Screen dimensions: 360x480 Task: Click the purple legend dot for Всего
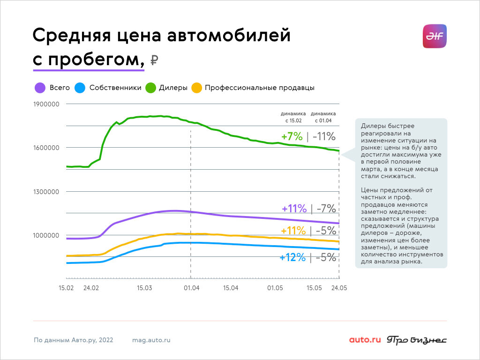[x=40, y=88]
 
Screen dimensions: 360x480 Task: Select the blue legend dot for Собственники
[x=81, y=88]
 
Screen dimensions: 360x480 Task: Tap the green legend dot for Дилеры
[x=150, y=88]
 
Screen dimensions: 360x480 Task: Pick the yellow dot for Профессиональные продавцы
[x=197, y=88]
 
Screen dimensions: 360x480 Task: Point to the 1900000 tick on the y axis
[x=46, y=104]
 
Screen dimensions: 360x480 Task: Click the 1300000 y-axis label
[x=46, y=191]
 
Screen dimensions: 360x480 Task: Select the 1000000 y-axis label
[x=46, y=235]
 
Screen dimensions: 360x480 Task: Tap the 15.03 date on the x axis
[x=145, y=288]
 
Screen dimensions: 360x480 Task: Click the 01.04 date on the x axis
[x=191, y=288]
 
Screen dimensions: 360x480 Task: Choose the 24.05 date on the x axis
[x=339, y=288]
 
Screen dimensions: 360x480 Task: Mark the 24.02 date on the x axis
[x=91, y=288]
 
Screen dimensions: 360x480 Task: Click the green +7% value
[x=292, y=137]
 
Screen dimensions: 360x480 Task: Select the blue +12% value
[x=292, y=257]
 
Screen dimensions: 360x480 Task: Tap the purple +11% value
[x=294, y=209]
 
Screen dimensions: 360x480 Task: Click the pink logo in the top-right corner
[x=435, y=36]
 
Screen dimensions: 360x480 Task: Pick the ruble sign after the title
[x=154, y=60]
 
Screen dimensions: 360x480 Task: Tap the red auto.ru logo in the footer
[x=365, y=340]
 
